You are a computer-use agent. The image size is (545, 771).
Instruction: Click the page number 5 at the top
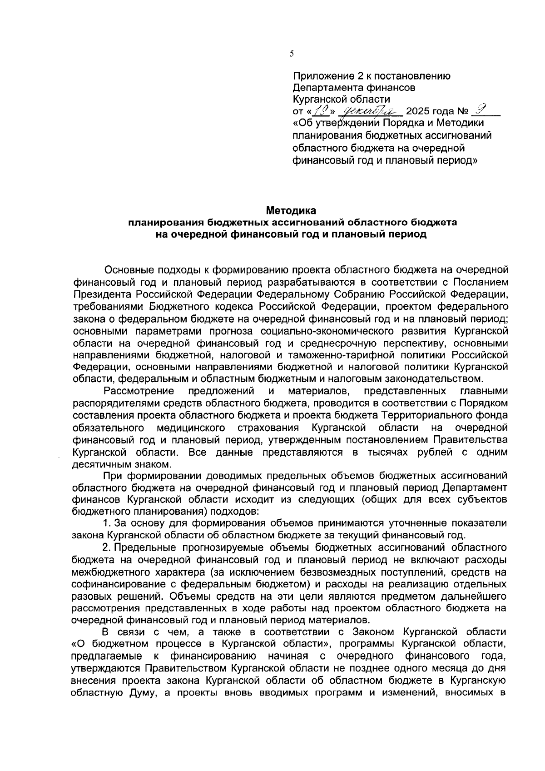coord(292,54)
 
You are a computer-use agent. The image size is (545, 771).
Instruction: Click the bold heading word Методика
coord(291,211)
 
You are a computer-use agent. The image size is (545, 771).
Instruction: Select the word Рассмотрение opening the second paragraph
coord(139,391)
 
